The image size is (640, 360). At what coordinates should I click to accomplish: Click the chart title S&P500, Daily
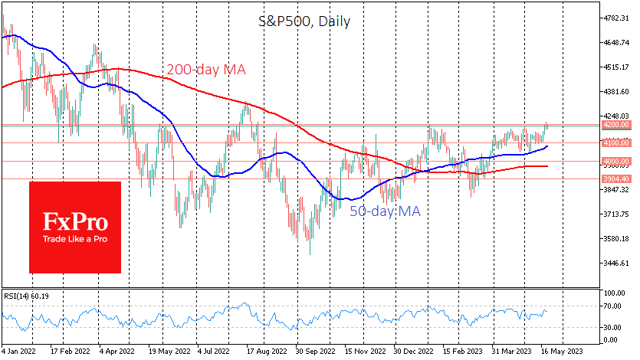(x=304, y=21)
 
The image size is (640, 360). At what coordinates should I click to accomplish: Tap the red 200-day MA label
(x=205, y=70)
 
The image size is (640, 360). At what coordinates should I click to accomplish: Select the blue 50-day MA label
(x=386, y=211)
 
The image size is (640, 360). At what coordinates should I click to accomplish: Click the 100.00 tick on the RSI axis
(x=612, y=293)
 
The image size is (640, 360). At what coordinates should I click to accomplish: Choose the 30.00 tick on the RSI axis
(x=611, y=328)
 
